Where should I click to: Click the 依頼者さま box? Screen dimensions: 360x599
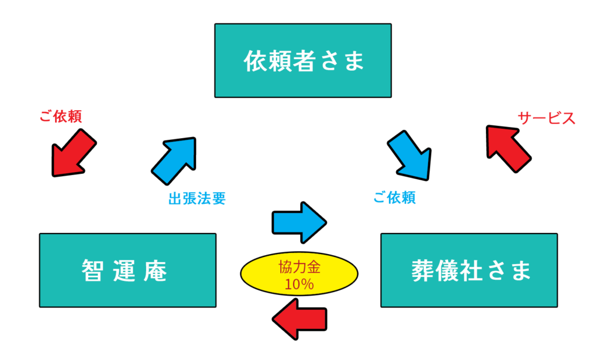[x=302, y=60]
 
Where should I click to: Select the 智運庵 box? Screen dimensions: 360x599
[x=127, y=270]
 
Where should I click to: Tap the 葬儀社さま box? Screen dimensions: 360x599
[x=469, y=270]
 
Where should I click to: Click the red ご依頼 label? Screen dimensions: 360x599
[x=60, y=116]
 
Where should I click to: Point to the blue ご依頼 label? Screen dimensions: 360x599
[x=394, y=198]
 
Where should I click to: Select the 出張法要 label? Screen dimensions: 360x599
[x=197, y=198]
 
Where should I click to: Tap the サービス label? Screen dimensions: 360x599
[x=546, y=118]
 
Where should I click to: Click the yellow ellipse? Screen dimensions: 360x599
[x=299, y=275]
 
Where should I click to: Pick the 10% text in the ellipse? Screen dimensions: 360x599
[x=299, y=285]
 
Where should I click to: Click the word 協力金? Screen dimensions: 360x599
[x=299, y=268]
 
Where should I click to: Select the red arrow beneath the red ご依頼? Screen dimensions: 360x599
[x=73, y=153]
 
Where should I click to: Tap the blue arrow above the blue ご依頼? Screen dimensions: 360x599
[x=410, y=156]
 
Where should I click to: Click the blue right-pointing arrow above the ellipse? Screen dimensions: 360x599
[x=299, y=222]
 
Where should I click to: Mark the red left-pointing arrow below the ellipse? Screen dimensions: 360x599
[x=299, y=319]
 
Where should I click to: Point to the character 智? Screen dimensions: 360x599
[x=92, y=270]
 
